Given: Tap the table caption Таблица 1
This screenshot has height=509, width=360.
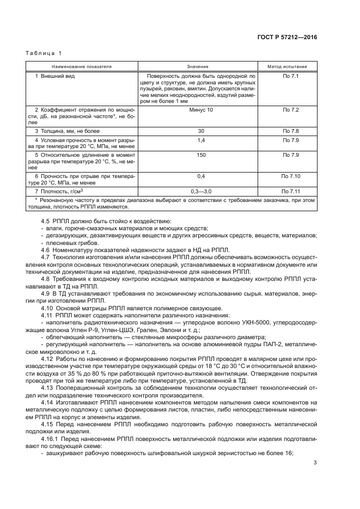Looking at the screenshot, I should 44,53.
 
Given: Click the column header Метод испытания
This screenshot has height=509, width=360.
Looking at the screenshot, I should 290,66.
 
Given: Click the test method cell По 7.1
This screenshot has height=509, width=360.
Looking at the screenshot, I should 290,76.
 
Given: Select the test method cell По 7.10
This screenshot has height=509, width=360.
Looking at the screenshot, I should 290,176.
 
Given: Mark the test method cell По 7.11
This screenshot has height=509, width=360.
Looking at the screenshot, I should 290,192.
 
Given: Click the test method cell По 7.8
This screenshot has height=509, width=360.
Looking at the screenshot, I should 290,131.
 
